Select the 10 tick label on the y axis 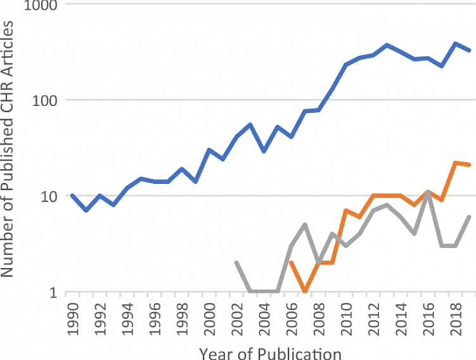pyautogui.click(x=46, y=196)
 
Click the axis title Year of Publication pyautogui.click(x=271, y=351)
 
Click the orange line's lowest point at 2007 pyautogui.click(x=306, y=292)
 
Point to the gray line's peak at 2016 pyautogui.click(x=428, y=192)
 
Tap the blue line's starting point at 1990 pyautogui.click(x=72, y=196)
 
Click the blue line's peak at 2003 pyautogui.click(x=250, y=124)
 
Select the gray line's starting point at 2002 pyautogui.click(x=236, y=262)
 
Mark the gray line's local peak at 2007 pyautogui.click(x=306, y=224)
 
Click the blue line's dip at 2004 pyautogui.click(x=264, y=151)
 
